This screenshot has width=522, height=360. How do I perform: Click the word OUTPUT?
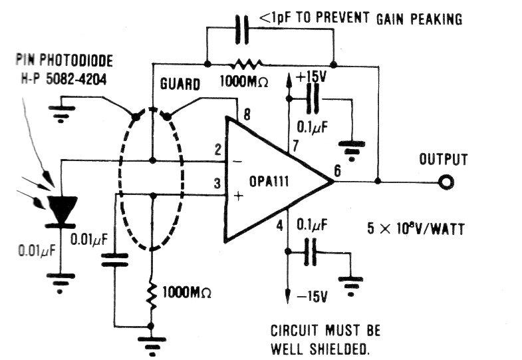(444, 160)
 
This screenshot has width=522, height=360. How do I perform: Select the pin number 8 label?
(247, 116)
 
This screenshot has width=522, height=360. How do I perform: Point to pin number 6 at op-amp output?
(338, 171)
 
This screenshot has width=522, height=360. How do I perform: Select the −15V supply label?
(309, 297)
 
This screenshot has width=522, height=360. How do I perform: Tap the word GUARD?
(180, 86)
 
